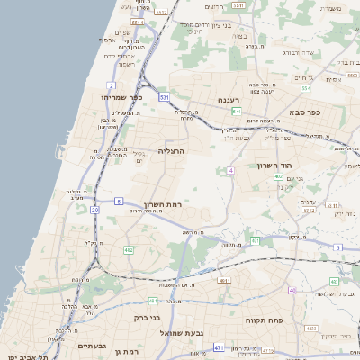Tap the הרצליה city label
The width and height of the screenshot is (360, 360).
[x=171, y=151]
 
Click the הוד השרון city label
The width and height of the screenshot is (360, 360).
[x=274, y=167]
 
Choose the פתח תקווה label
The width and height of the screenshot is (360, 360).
[x=264, y=319]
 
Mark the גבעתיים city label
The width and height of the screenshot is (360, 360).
[x=93, y=346]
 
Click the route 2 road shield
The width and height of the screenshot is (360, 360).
[x=111, y=85]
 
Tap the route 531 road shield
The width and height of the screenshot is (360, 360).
[x=164, y=96]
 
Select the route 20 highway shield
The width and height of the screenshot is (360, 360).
[x=94, y=210]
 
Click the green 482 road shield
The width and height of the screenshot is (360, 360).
[x=129, y=250]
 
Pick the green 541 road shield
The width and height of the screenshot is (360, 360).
[x=237, y=111]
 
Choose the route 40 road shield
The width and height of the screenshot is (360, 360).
[x=292, y=290]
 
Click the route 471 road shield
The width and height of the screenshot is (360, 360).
[x=219, y=346]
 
